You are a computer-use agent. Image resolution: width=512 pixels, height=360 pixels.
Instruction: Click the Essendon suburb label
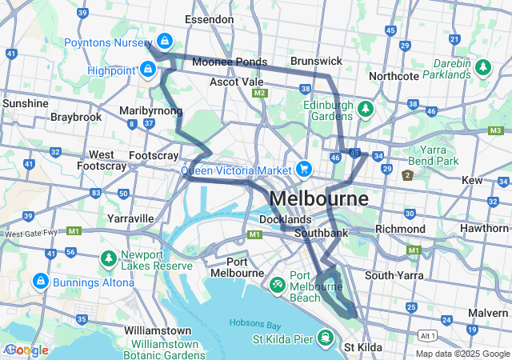pos(209,18)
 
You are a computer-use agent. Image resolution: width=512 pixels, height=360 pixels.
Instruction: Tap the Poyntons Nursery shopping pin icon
pos(164,39)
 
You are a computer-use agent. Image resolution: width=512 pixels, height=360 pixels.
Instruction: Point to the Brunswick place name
pos(316,61)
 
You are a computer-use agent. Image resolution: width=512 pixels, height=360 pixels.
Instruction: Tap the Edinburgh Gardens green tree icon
pos(365,108)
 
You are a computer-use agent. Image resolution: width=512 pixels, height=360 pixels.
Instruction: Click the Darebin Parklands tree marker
pos(483,68)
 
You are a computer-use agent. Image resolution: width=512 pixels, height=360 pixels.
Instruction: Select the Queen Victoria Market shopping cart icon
pos(303,169)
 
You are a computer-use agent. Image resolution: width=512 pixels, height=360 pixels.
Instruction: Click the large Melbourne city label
pos(319,198)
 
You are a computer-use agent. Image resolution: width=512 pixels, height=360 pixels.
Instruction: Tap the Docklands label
pos(285,219)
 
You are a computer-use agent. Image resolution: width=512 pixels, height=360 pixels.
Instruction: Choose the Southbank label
pos(321,233)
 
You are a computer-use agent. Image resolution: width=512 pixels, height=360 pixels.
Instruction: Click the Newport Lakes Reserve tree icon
pos(108,259)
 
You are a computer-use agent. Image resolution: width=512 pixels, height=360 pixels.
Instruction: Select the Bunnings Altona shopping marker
pos(40,282)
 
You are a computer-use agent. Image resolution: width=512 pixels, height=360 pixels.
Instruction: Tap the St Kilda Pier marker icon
pos(326,338)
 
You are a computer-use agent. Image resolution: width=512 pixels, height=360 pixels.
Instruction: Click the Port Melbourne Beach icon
pos(277,284)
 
